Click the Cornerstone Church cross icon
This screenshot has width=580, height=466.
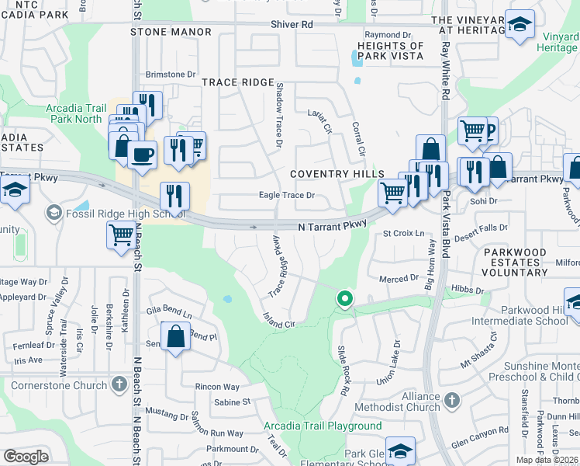tap(119, 383)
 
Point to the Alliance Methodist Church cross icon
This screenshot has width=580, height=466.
tap(452, 401)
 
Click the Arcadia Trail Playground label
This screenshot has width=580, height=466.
tap(322, 426)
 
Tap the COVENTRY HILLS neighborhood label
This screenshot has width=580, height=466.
tap(337, 173)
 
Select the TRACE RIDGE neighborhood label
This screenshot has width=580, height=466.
tap(238, 82)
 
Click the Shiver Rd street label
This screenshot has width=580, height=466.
tap(292, 25)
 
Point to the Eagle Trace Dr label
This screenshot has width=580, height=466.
tap(286, 196)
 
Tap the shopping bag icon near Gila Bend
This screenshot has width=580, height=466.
tap(176, 337)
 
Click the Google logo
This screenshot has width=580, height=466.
tap(26, 457)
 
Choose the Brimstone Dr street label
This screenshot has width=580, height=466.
tap(171, 75)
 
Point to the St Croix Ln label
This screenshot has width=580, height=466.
tap(404, 233)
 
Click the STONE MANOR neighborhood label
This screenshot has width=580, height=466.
tap(171, 32)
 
